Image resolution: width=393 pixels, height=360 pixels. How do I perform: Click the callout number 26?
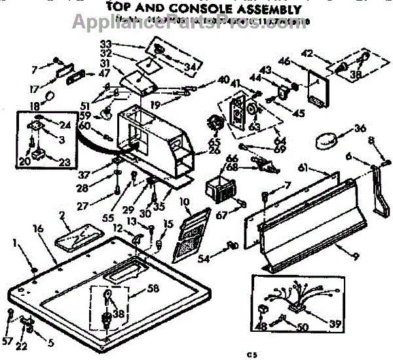tap(193, 151)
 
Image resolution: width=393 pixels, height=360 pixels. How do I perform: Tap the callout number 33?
tap(124, 44)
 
